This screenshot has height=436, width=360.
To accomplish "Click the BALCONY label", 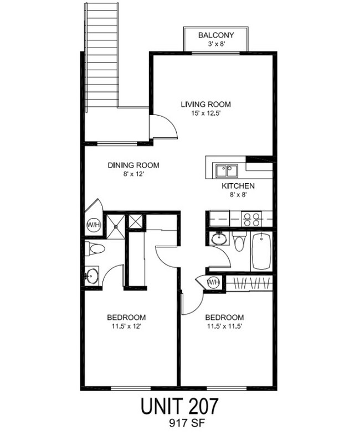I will [x=216, y=35].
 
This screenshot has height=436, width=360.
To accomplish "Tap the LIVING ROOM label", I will [x=205, y=104].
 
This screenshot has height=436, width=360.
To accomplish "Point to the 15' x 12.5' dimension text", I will [x=205, y=114].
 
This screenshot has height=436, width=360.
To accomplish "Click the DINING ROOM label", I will [x=133, y=165].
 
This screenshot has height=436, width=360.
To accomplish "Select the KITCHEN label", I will [x=238, y=186].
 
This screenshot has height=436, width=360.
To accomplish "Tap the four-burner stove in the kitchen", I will [x=253, y=219].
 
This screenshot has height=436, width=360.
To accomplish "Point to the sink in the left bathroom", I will [x=92, y=275].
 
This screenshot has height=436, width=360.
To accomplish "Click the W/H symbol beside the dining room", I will [x=92, y=225].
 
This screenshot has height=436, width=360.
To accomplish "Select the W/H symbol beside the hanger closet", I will [x=213, y=283].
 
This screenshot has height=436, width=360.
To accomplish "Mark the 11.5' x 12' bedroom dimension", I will [x=126, y=326].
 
